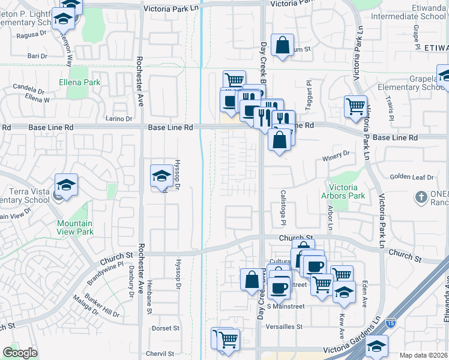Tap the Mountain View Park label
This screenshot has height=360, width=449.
[75, 227]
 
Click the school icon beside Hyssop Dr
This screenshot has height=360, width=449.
[161, 176]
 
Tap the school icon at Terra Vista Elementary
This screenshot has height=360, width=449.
[66, 185]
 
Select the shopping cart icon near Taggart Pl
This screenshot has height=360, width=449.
[355, 106]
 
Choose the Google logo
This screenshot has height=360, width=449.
[20, 353]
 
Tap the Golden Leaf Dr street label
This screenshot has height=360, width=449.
[411, 177]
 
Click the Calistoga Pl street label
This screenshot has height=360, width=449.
[283, 208]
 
